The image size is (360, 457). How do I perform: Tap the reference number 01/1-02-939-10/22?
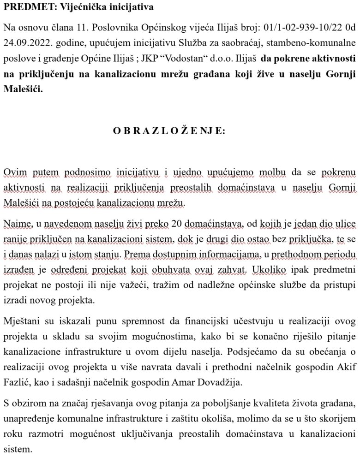point(294,29)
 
